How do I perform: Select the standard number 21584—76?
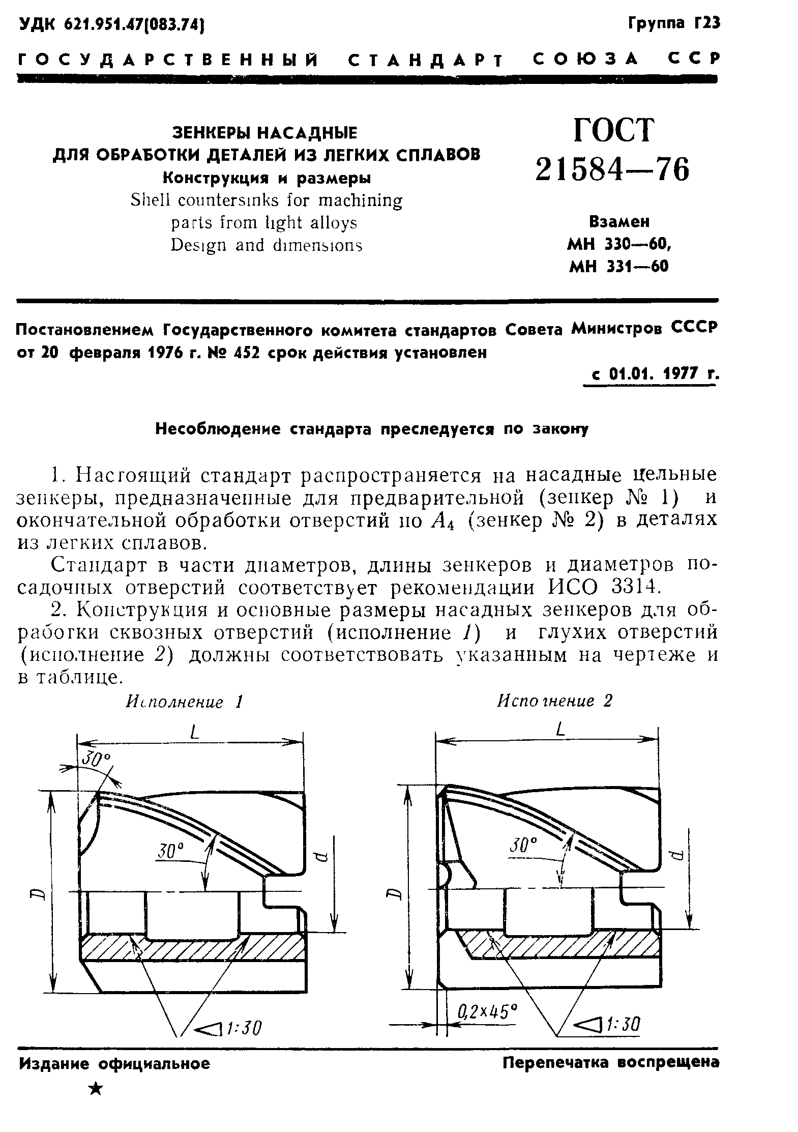click(x=612, y=169)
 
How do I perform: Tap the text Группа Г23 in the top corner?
click(x=674, y=23)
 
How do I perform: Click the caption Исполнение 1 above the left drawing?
click(x=184, y=702)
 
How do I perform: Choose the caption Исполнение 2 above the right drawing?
click(x=554, y=701)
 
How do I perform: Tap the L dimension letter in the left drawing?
click(x=193, y=733)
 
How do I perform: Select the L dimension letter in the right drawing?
click(x=561, y=730)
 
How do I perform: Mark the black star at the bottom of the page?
click(x=95, y=1089)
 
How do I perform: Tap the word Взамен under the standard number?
click(x=619, y=222)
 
